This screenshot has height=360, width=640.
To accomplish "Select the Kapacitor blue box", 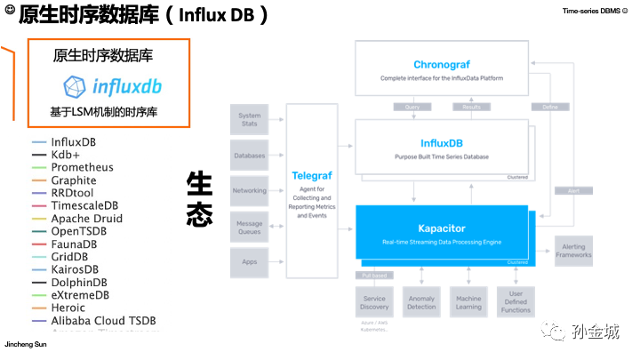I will (442, 232).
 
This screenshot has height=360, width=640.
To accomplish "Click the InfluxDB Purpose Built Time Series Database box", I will (442, 148).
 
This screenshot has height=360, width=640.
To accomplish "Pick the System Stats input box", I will (250, 119).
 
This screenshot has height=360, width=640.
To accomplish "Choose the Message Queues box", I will (250, 226).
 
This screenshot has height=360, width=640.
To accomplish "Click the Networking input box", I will (250, 190).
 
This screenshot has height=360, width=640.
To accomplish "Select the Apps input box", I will (250, 262).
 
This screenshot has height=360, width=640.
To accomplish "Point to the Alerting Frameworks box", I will (573, 251).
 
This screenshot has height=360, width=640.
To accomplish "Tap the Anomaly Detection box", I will (421, 302).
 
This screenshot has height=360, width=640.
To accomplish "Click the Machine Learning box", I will (468, 302).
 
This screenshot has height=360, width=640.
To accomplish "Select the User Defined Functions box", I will (516, 302).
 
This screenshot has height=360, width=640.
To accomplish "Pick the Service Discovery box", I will (374, 302).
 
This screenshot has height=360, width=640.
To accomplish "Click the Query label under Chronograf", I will (412, 107).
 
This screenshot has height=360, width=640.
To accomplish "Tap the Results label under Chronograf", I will (470, 107).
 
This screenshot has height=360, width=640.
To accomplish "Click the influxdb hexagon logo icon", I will (75, 86).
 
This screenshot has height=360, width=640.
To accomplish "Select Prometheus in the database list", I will (82, 167).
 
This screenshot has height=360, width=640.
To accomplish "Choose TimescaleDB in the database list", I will (84, 205).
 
